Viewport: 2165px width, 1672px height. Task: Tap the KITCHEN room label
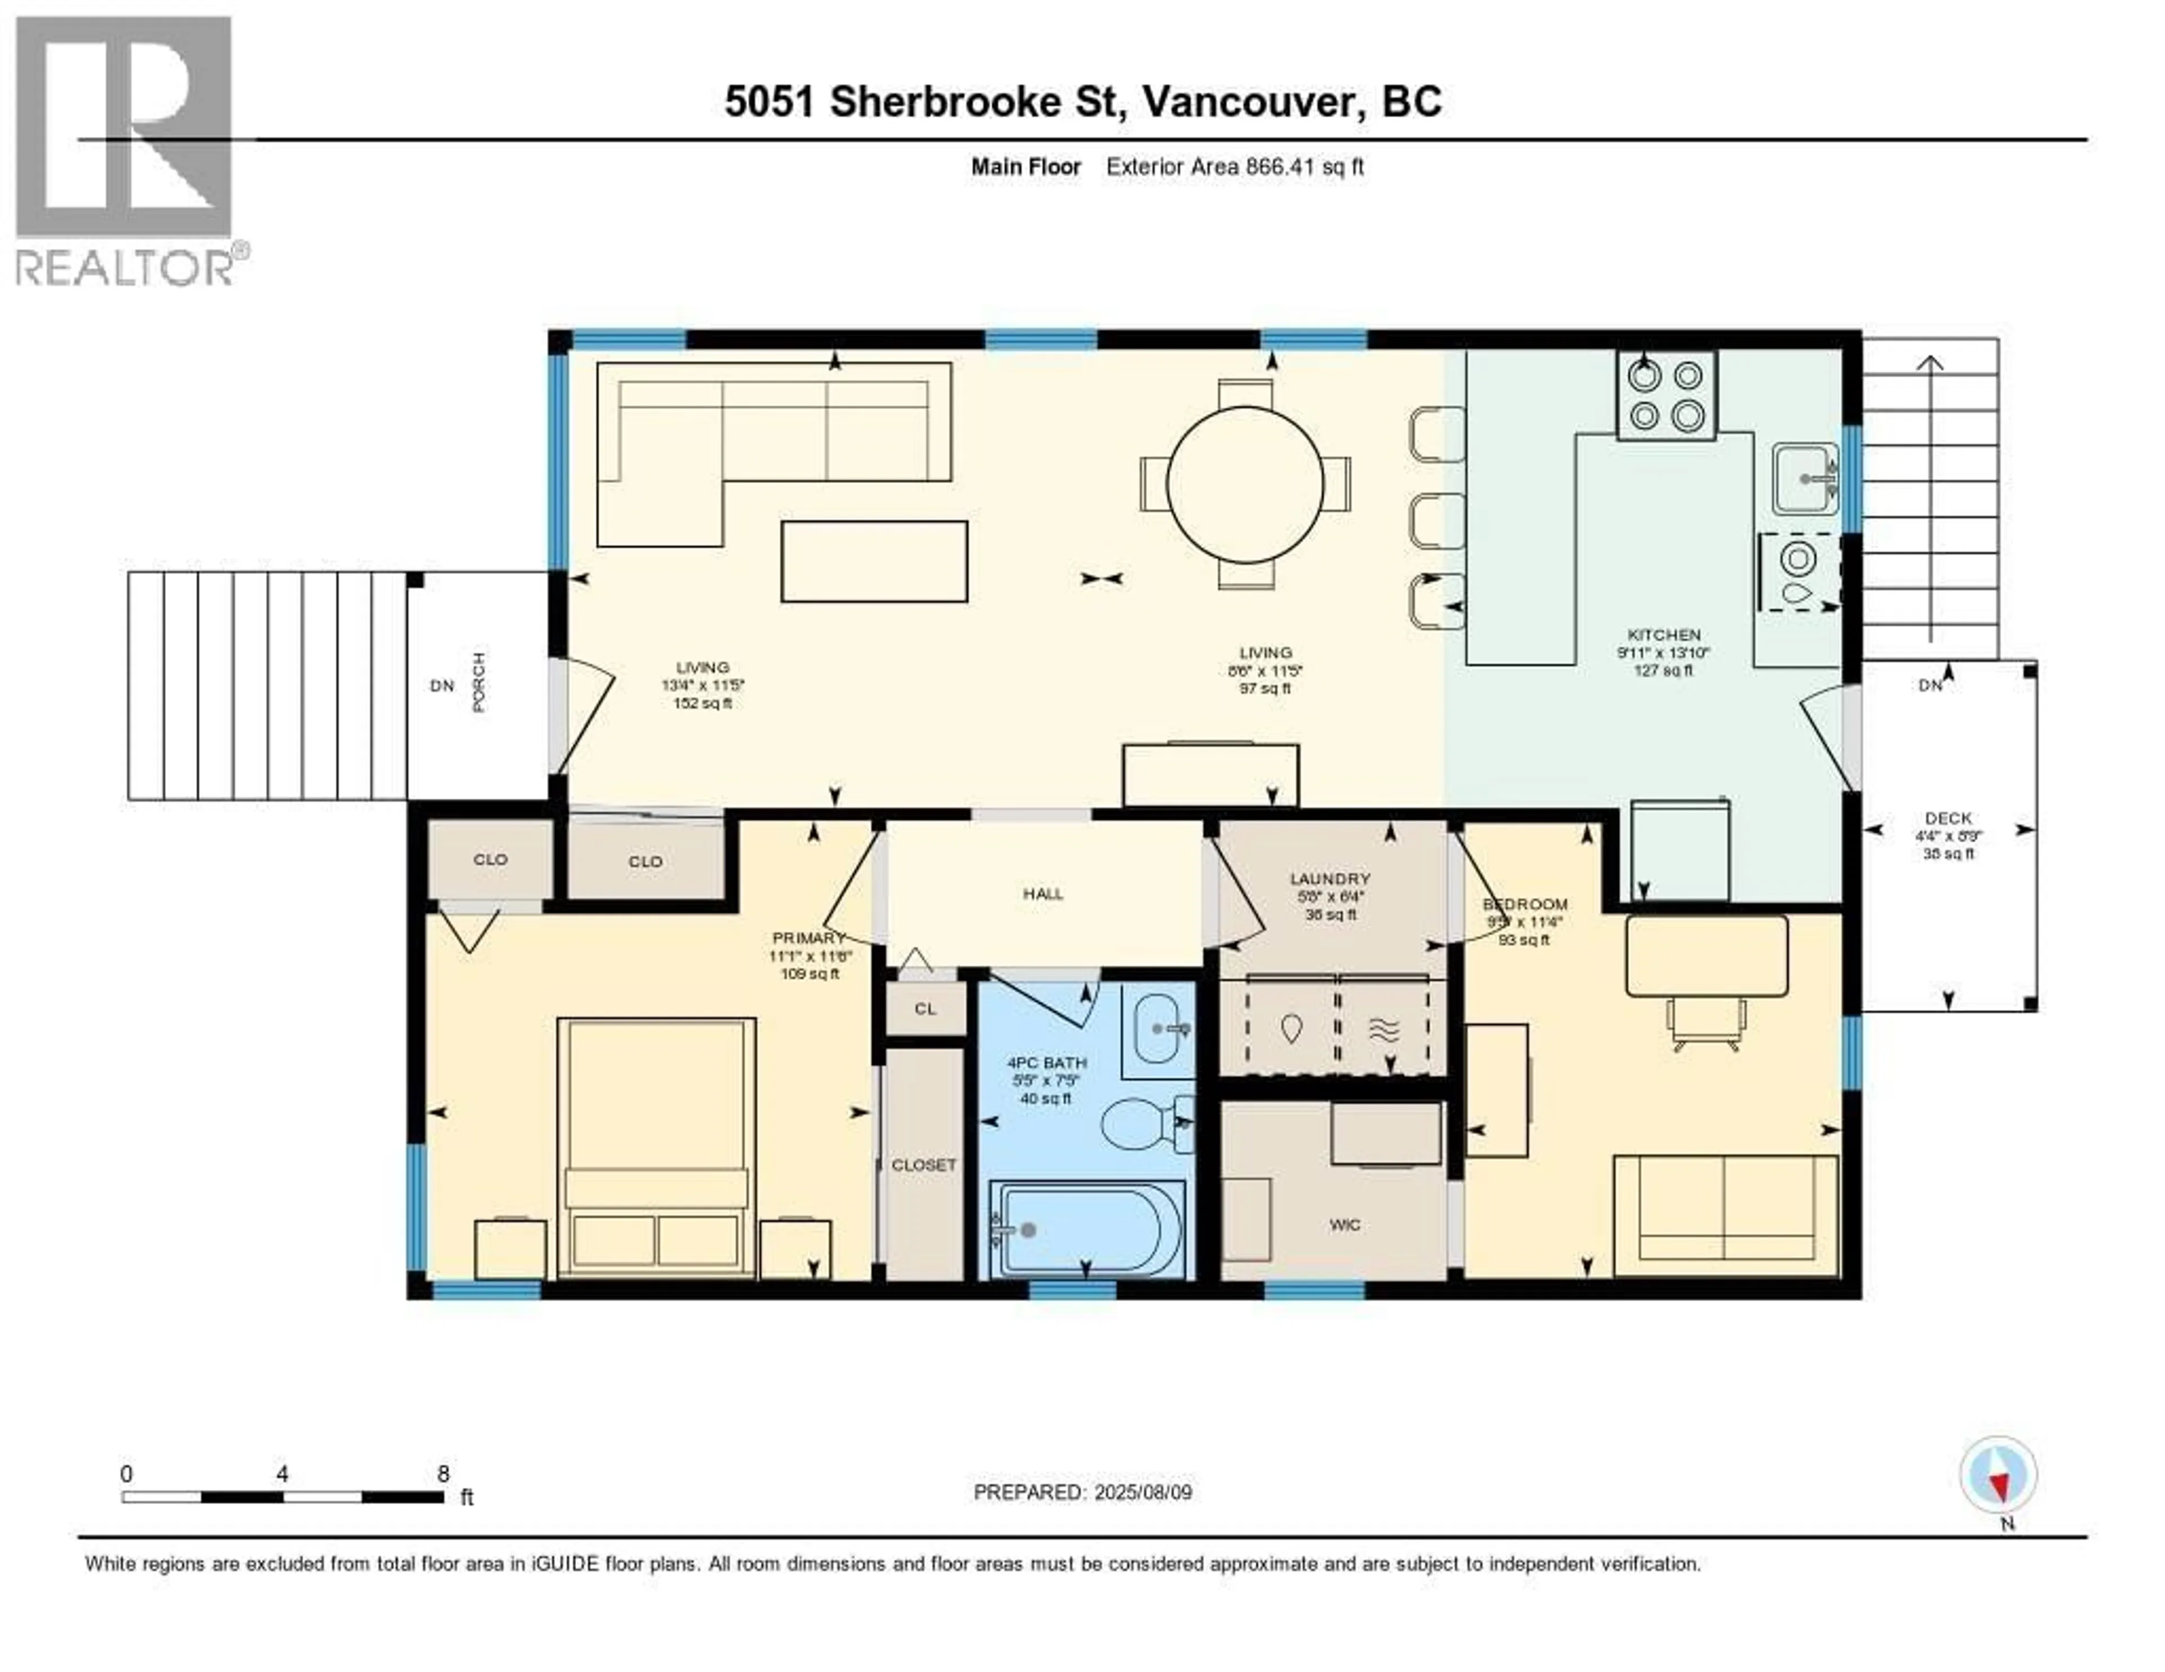1663,634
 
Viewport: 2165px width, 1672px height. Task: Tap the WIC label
1344,1225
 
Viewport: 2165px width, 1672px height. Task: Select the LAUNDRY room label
1331,878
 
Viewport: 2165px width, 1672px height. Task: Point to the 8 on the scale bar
443,1473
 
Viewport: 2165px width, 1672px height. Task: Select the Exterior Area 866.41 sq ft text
1234,166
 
